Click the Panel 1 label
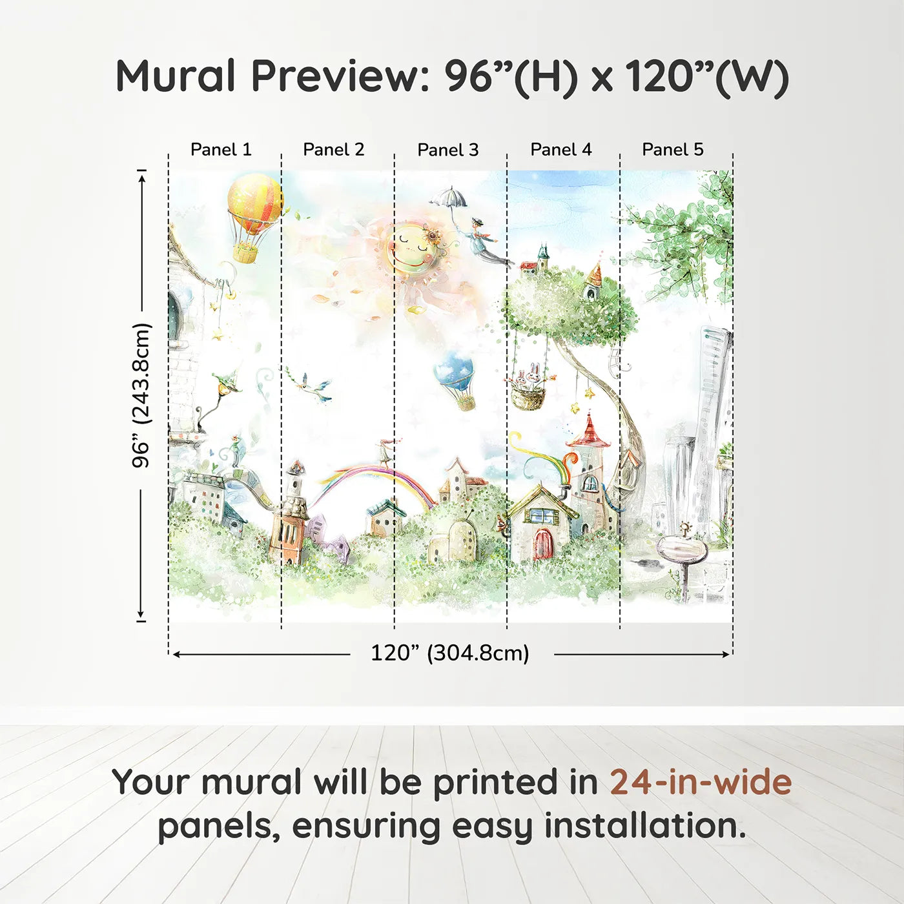(221, 149)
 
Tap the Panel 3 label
(447, 150)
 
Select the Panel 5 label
(672, 149)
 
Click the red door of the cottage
(543, 544)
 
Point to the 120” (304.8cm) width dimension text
(449, 653)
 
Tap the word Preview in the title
(335, 76)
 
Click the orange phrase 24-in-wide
(701, 782)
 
